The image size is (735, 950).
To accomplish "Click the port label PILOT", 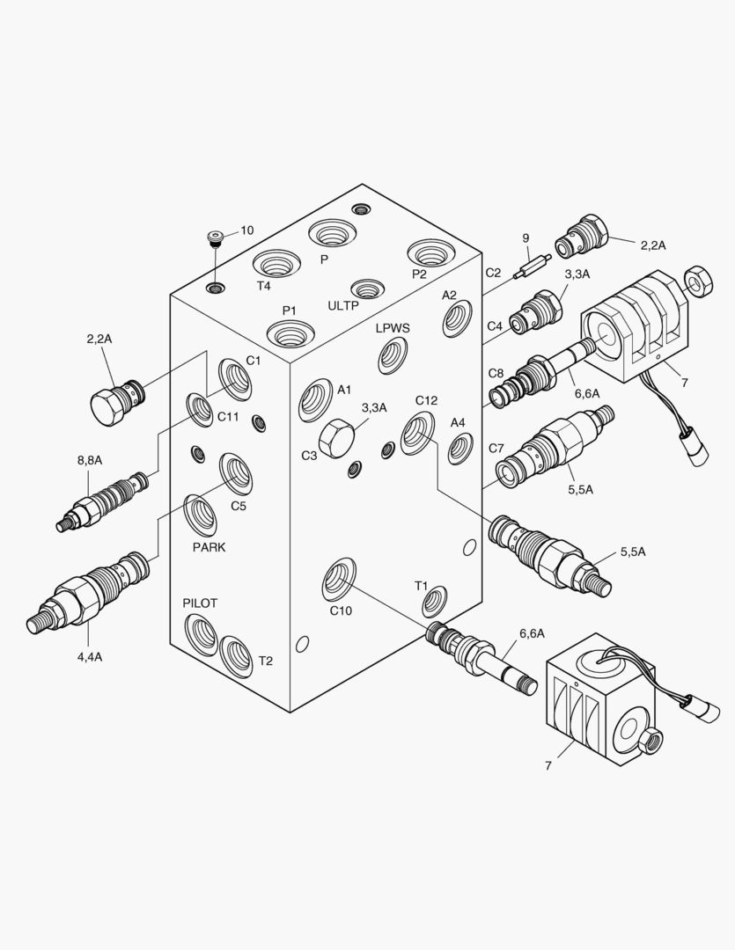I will coord(200,603).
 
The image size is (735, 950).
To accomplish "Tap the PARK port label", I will coord(209,547).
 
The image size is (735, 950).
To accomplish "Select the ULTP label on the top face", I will coord(343,306).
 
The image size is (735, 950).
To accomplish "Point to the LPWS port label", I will coord(393,328).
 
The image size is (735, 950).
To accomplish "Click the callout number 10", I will coord(246,230).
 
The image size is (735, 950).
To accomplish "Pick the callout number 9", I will coord(526,237).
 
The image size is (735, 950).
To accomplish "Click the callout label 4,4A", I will coord(90,655).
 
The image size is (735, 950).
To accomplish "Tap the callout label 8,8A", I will coord(90,460).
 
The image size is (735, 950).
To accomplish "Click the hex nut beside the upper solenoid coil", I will coord(700,279).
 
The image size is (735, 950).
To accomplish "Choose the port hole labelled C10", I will coord(339,577).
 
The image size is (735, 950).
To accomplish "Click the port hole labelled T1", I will coord(434,603).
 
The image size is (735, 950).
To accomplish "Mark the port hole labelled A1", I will coord(314,401).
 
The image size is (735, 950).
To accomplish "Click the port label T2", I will coord(265,661).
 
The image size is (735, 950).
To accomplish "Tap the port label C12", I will coord(427,400).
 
